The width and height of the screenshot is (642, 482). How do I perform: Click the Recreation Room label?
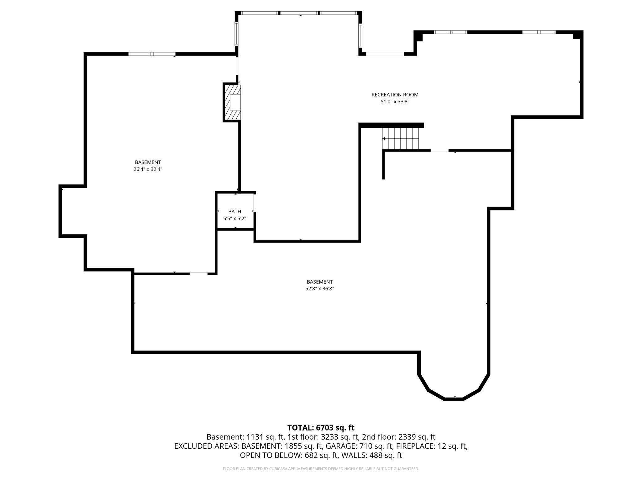[395, 94]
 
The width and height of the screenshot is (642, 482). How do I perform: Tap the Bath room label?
[234, 212]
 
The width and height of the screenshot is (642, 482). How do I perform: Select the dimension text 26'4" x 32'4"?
[148, 169]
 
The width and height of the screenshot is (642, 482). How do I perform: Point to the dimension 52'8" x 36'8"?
[320, 289]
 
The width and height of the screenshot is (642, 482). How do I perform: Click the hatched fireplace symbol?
[232, 102]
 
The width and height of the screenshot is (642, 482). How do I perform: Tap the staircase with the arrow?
[400, 138]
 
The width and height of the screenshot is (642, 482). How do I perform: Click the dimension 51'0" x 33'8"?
[395, 102]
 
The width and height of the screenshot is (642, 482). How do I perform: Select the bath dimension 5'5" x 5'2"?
[234, 219]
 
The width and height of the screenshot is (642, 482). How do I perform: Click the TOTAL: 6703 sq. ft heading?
[321, 427]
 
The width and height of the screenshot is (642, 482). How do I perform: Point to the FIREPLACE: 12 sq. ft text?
[432, 446]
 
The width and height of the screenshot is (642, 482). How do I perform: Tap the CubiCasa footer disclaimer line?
[321, 469]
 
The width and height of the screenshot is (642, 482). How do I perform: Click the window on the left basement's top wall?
[152, 54]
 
